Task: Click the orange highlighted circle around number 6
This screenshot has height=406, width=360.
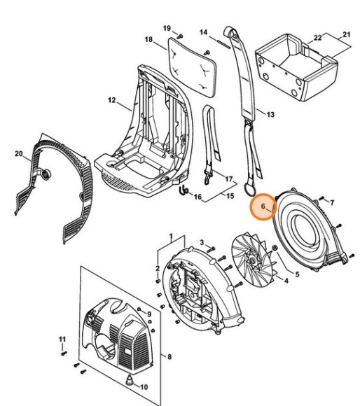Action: pos(265,208)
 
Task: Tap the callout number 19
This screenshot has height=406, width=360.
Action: pos(167,27)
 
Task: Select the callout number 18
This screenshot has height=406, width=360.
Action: pos(148,39)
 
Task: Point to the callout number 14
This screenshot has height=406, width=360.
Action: pos(204,32)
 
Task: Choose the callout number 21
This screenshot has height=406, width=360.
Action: pos(345,34)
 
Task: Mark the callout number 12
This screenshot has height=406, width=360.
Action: pos(111,101)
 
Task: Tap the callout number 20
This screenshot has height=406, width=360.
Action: pos(18,153)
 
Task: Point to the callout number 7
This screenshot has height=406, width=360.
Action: pos(332,203)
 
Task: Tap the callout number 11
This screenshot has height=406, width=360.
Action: pos(61,340)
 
